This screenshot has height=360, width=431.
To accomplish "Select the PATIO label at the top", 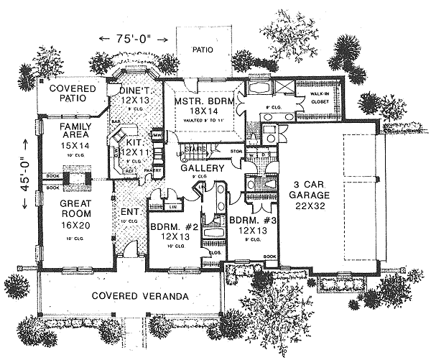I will tap(204, 50).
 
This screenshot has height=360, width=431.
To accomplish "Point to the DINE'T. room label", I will tap(134, 93).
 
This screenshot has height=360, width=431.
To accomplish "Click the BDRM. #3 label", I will tap(247, 225).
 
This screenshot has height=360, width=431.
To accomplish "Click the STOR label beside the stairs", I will tap(236, 151).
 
